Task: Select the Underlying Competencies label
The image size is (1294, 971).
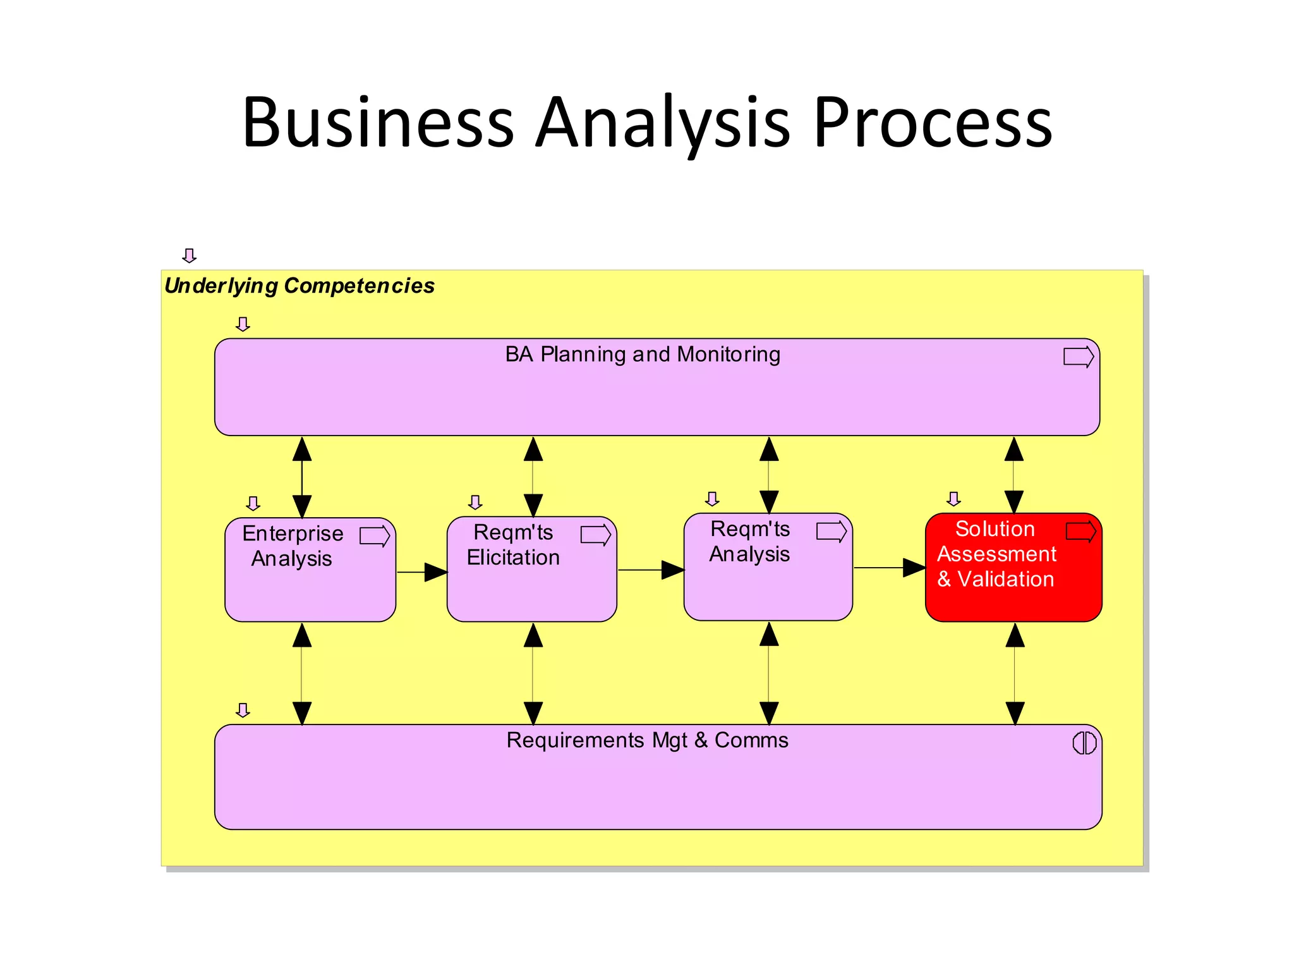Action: [x=299, y=286]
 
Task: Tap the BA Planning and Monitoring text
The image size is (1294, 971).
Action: [x=643, y=355]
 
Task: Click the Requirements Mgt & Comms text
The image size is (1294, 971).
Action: [x=647, y=740]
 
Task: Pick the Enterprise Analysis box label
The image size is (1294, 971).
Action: [x=293, y=546]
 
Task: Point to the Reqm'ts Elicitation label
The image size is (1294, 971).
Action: [x=513, y=545]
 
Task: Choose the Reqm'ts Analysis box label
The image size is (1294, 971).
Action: [x=750, y=542]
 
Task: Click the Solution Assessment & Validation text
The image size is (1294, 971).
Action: [x=996, y=554]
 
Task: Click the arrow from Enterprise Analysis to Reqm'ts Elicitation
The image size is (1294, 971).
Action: [x=422, y=572]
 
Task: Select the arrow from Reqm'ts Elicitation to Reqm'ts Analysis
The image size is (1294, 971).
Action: [x=651, y=570]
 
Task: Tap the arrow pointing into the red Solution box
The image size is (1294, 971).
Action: [x=890, y=568]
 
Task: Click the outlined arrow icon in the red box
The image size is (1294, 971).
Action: [x=1080, y=532]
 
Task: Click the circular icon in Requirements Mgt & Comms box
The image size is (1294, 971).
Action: [x=1084, y=743]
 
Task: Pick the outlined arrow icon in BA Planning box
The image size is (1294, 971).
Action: [x=1078, y=357]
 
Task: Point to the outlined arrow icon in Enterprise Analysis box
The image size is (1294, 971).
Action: [x=375, y=536]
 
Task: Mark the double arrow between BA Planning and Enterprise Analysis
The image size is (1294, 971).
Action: [x=302, y=477]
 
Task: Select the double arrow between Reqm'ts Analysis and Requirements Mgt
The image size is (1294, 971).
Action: [x=769, y=673]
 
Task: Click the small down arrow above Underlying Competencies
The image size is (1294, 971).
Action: [x=189, y=255]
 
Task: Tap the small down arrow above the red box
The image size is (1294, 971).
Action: [x=953, y=499]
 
